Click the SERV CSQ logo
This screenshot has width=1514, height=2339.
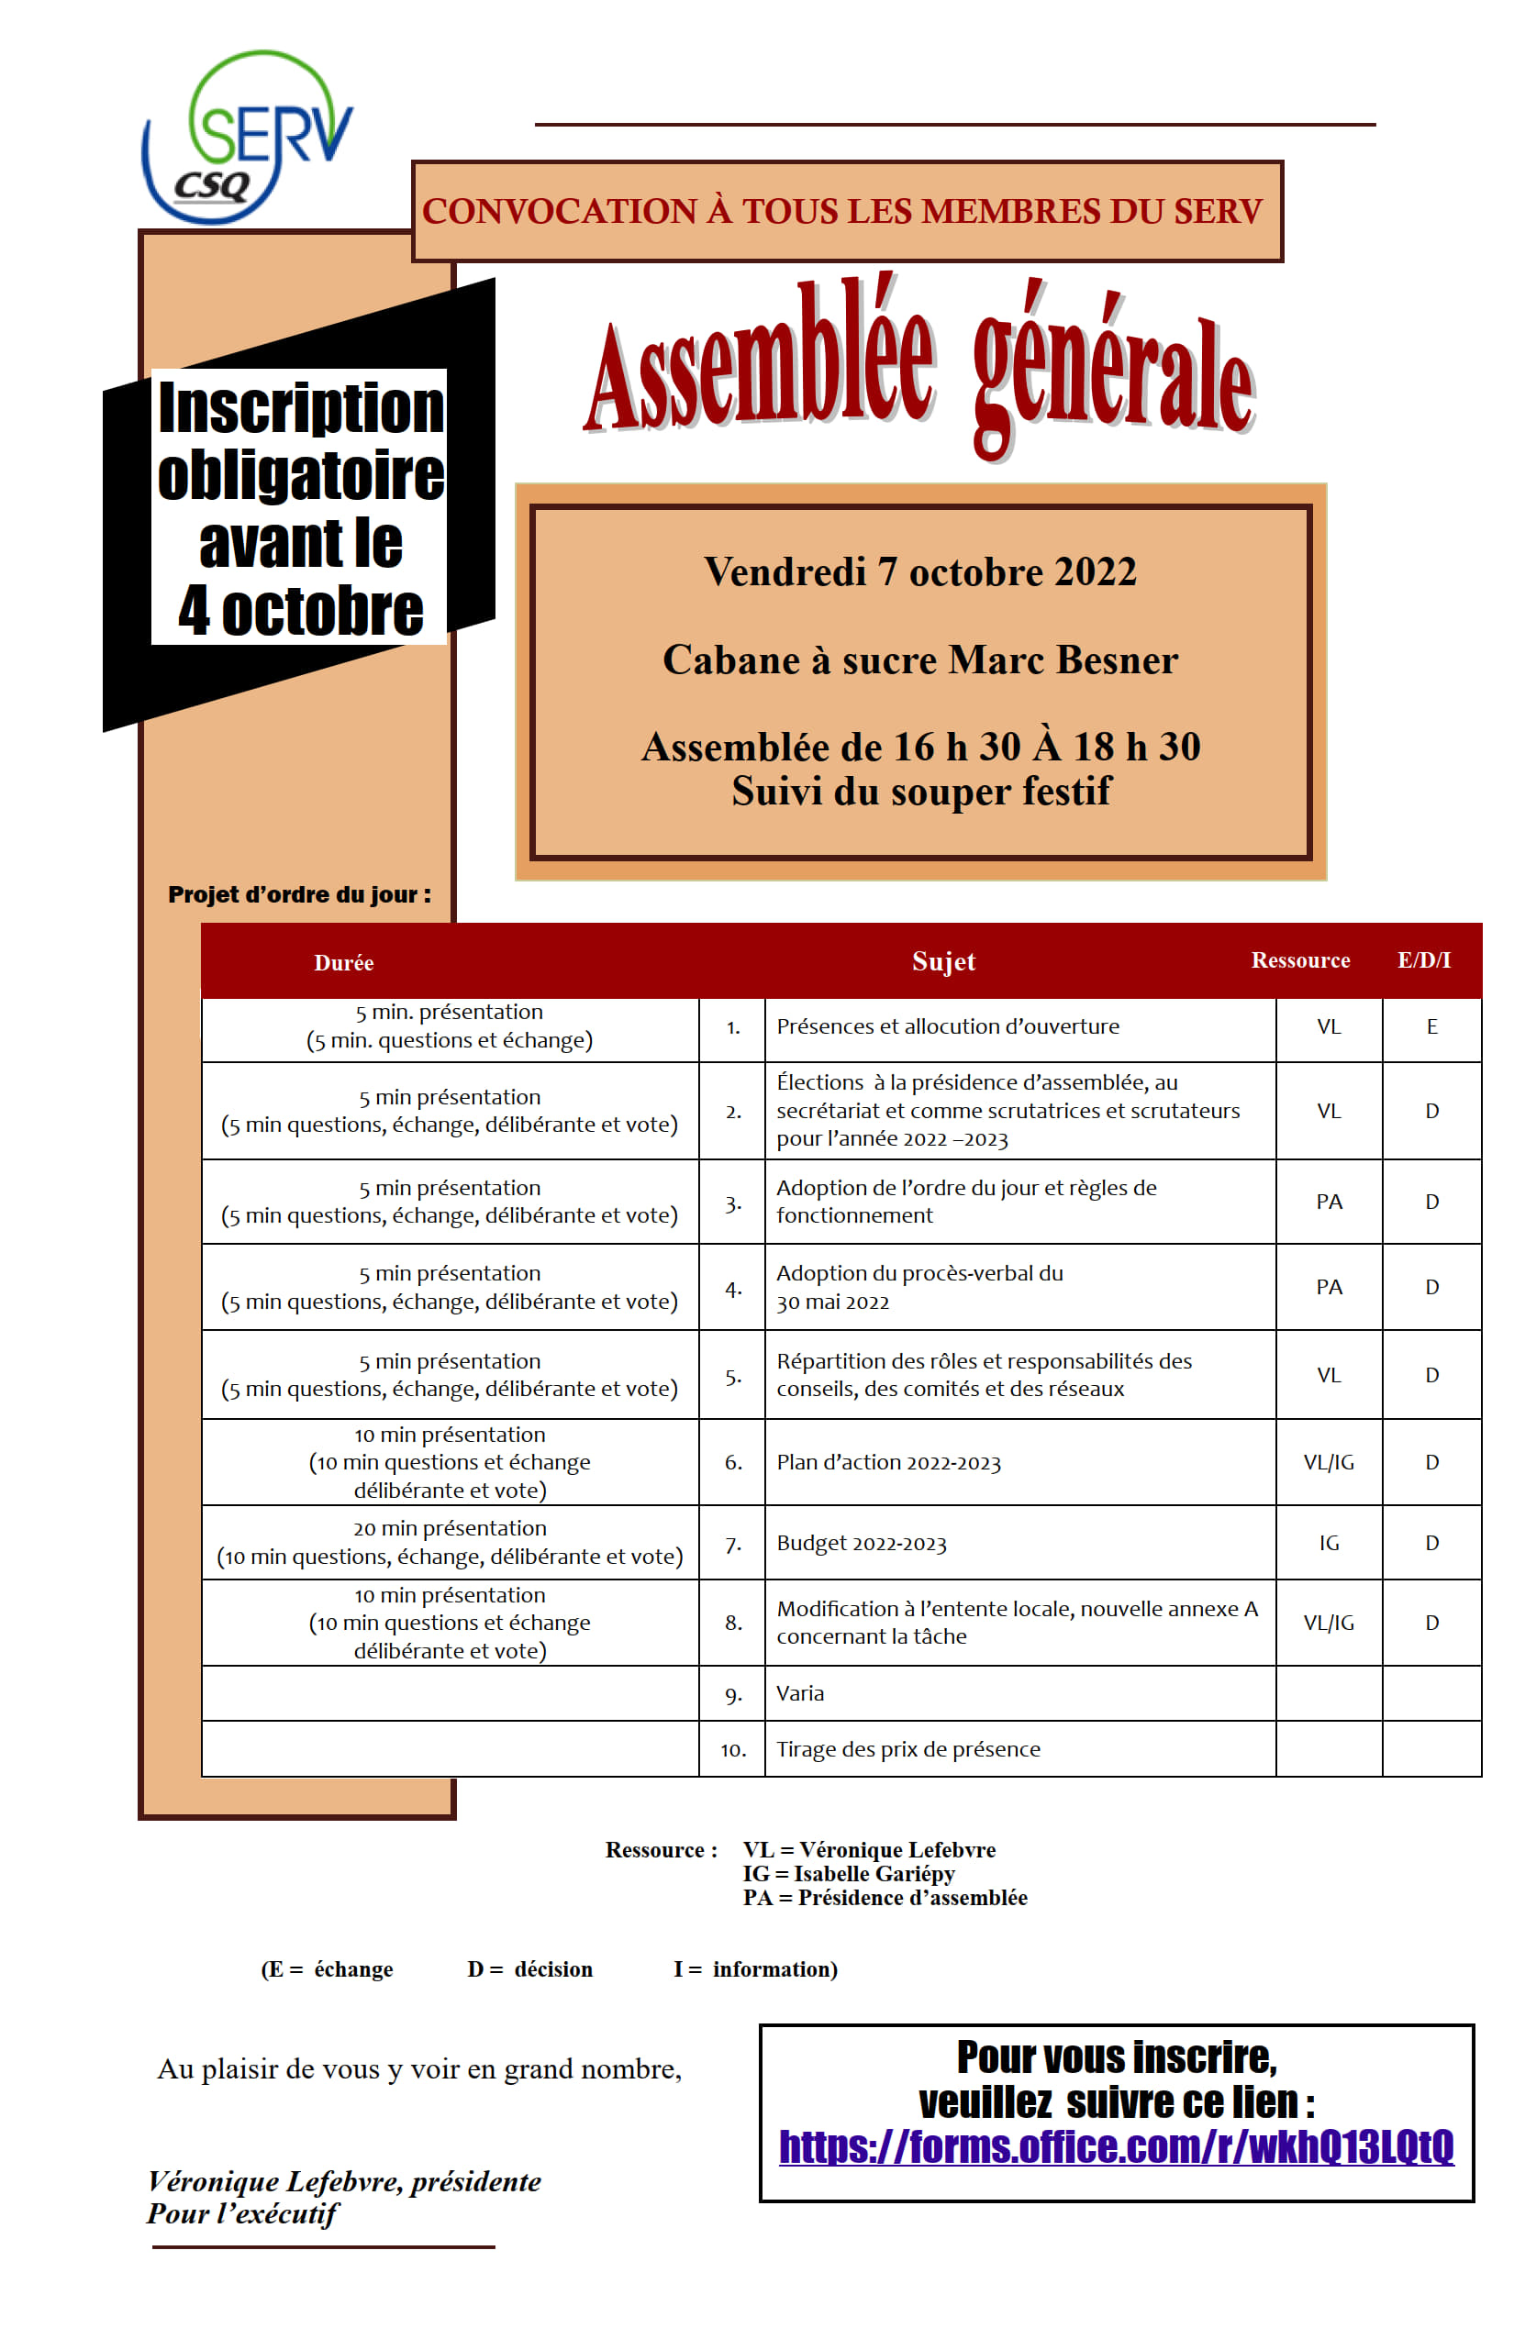pyautogui.click(x=247, y=137)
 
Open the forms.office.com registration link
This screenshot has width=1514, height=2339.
pyautogui.click(x=1116, y=2148)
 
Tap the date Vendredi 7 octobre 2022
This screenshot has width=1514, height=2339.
pyautogui.click(x=920, y=572)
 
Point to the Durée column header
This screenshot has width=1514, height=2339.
pyautogui.click(x=343, y=963)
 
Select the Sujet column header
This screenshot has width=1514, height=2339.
pyautogui.click(x=943, y=961)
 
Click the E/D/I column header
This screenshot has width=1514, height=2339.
pyautogui.click(x=1423, y=960)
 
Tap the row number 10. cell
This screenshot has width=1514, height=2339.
pyautogui.click(x=732, y=1750)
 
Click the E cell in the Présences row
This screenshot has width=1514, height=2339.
pyautogui.click(x=1431, y=1027)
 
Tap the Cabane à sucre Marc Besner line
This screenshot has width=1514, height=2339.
pyautogui.click(x=920, y=660)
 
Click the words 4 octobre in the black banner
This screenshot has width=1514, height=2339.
pyautogui.click(x=300, y=610)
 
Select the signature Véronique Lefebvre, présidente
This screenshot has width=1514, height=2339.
pyautogui.click(x=344, y=2182)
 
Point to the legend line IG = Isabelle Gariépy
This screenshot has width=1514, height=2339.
pyautogui.click(x=849, y=1874)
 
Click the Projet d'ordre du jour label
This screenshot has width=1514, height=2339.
pyautogui.click(x=299, y=894)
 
